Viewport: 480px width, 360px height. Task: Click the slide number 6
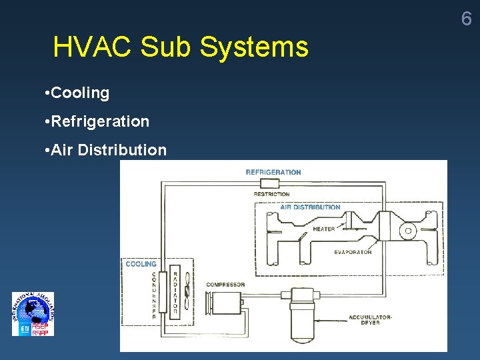[466, 19]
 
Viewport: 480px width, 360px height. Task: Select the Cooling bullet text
[79, 93]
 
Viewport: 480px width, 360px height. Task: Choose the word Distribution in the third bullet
[122, 150]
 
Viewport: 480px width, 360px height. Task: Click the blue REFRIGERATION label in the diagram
[273, 172]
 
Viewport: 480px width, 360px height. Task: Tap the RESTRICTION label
[271, 194]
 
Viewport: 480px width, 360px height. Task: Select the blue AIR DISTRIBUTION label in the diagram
[310, 207]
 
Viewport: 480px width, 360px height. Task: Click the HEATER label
[324, 229]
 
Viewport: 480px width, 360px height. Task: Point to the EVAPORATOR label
[353, 252]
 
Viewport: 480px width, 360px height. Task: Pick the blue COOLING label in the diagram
[141, 264]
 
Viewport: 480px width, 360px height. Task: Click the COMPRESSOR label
[225, 285]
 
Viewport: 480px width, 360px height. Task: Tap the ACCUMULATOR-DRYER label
[370, 319]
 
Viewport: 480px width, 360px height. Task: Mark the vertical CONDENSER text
[154, 295]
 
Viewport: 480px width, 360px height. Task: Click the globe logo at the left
[33, 314]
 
